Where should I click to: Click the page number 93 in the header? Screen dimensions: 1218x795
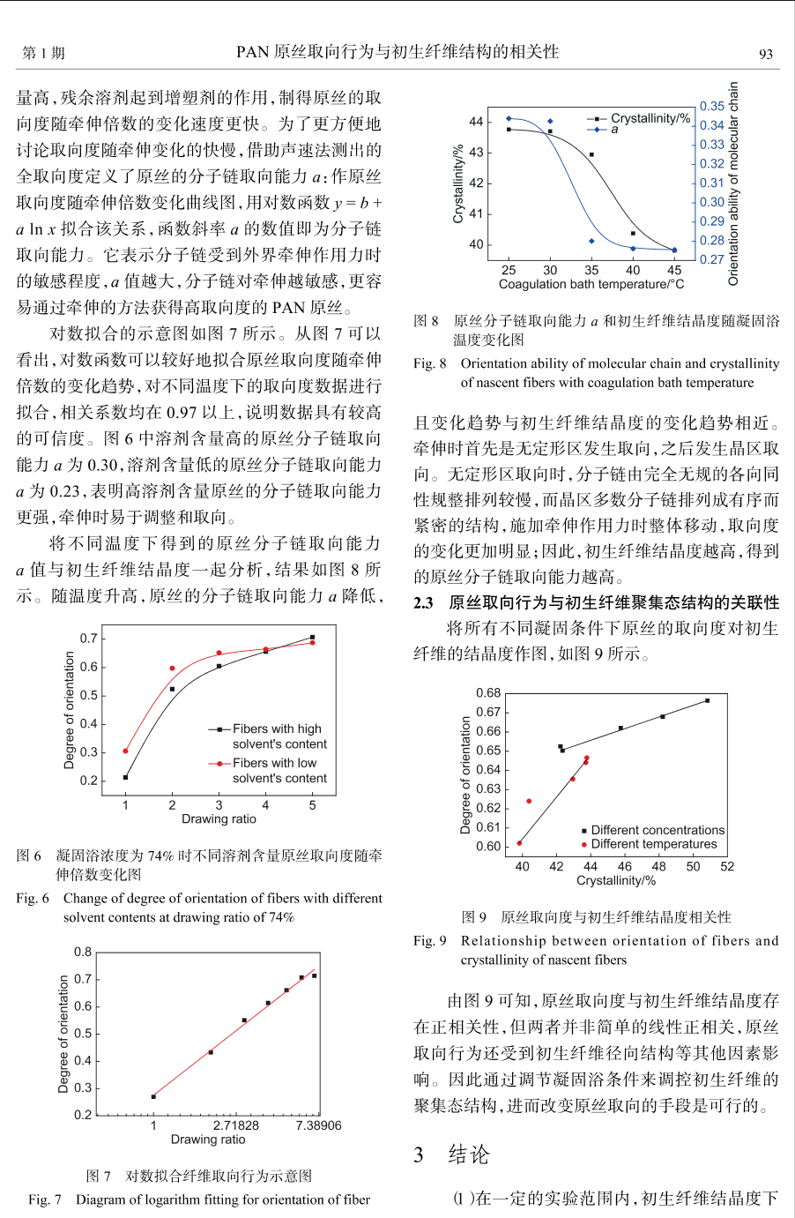tap(766, 54)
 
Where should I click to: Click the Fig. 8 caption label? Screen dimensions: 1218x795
tap(429, 363)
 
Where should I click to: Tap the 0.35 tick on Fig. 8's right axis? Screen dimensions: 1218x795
tap(711, 106)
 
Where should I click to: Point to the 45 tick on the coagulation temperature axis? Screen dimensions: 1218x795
tap(674, 270)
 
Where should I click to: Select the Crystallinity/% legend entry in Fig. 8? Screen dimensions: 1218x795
tap(650, 118)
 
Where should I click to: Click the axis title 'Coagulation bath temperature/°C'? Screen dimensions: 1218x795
tap(591, 284)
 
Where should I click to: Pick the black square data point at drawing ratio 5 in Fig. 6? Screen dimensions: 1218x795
tap(312, 637)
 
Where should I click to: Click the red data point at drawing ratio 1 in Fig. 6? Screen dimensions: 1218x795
tap(125, 751)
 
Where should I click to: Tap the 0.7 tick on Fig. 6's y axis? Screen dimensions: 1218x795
tap(88, 638)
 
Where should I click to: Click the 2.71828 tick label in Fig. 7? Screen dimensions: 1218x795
tap(236, 1125)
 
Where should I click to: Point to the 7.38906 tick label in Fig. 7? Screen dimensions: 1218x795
tap(318, 1125)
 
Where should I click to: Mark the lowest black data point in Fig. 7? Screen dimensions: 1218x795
tap(153, 1096)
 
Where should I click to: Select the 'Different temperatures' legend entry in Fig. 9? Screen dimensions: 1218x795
tap(653, 844)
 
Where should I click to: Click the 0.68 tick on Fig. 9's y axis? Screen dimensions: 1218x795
tap(488, 693)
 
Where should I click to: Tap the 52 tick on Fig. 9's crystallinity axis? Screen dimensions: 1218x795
tap(727, 866)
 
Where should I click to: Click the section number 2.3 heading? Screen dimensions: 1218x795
tap(423, 603)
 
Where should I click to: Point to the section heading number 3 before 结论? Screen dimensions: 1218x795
tap(419, 1155)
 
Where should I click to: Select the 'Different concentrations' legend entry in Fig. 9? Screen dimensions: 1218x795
tap(657, 830)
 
